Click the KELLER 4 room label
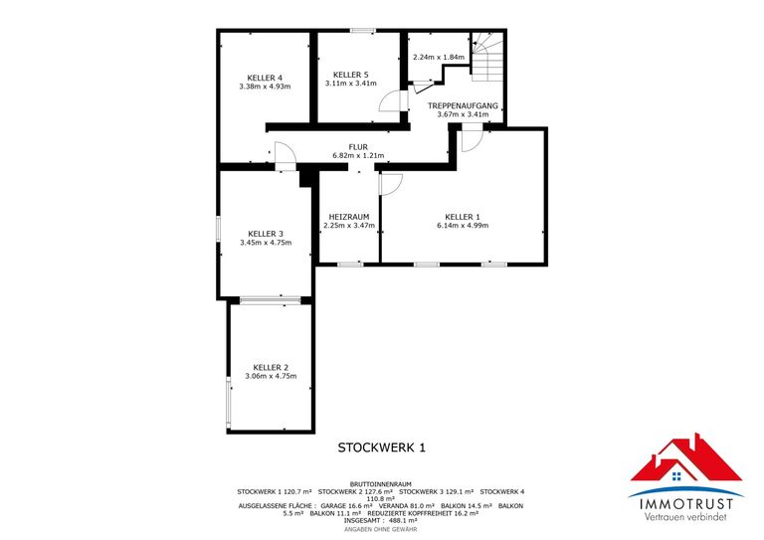[x=266, y=78]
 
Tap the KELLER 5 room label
[x=350, y=75]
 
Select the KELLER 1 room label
[x=463, y=217]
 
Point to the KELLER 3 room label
[x=266, y=234]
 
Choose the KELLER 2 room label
[x=271, y=367]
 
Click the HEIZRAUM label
[x=348, y=217]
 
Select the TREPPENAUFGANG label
[x=463, y=105]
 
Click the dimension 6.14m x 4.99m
[x=463, y=226]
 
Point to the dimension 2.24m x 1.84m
[x=439, y=57]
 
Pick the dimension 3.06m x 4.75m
[x=271, y=376]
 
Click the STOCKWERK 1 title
[x=381, y=449]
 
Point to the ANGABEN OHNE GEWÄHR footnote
[x=381, y=529]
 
